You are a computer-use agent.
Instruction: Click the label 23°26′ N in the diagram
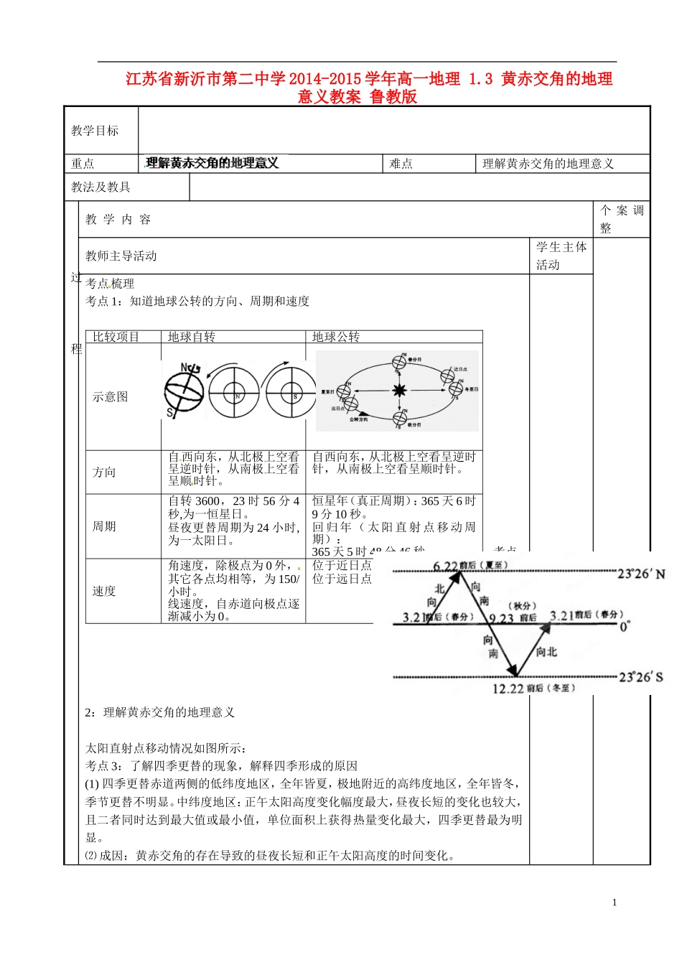[x=641, y=574]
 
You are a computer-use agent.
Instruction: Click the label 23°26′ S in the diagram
[x=641, y=676]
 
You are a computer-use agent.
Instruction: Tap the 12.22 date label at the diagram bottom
[x=508, y=689]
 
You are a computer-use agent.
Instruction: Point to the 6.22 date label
[x=445, y=567]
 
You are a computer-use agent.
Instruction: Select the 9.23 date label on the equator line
[x=501, y=618]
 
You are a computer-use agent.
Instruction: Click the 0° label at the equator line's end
[x=625, y=626]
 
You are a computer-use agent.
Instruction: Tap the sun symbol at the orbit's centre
[x=399, y=391]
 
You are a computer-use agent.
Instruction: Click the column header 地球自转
[x=192, y=337]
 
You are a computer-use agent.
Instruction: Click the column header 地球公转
[x=336, y=337]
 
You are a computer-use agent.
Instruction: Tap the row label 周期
[x=104, y=526]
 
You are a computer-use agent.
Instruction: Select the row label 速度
[x=104, y=591]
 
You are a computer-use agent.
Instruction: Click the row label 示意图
[x=110, y=396]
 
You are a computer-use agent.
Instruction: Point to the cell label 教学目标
[x=95, y=131]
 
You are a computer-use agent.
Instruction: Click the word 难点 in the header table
[x=401, y=164]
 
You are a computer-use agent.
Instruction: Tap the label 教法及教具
[x=101, y=187]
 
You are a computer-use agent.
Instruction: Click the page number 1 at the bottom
[x=615, y=903]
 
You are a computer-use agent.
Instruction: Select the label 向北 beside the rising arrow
[x=546, y=652]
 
